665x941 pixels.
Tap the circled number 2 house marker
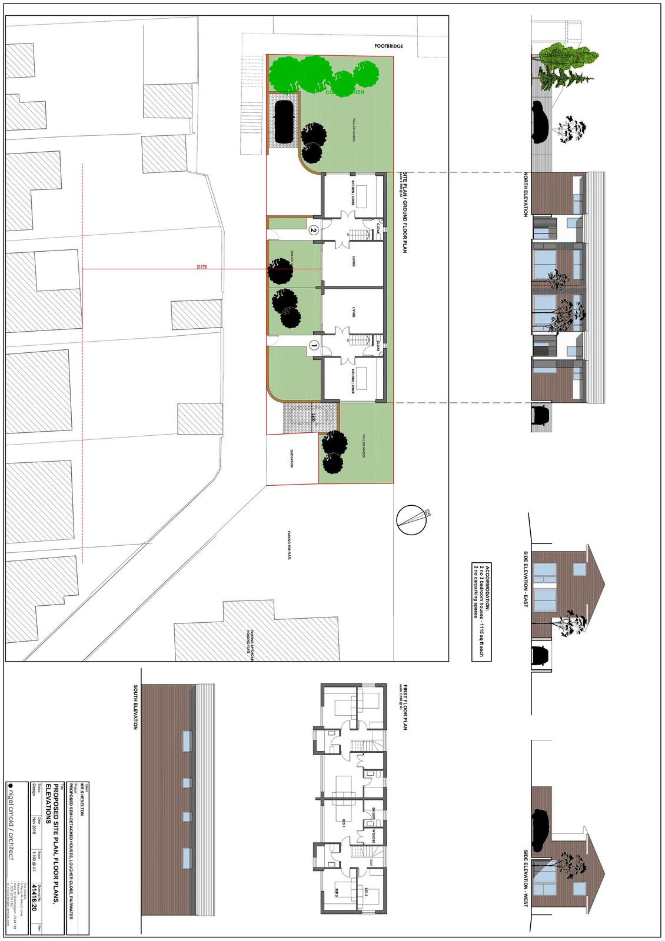coord(314,231)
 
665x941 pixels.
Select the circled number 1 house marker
coord(314,346)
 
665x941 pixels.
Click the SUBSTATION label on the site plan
coord(291,459)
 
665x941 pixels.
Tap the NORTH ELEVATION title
coord(526,195)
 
